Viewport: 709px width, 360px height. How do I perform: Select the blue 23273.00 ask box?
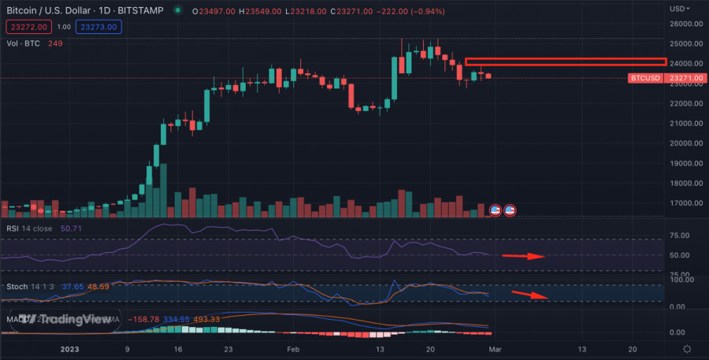pyautogui.click(x=101, y=27)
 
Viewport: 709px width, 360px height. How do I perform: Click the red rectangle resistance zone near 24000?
pyautogui.click(x=565, y=61)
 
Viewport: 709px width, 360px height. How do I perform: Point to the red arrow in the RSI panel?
pyautogui.click(x=523, y=256)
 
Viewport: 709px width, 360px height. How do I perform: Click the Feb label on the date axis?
pyautogui.click(x=293, y=348)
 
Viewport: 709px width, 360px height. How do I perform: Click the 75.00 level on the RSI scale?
pyautogui.click(x=680, y=236)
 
